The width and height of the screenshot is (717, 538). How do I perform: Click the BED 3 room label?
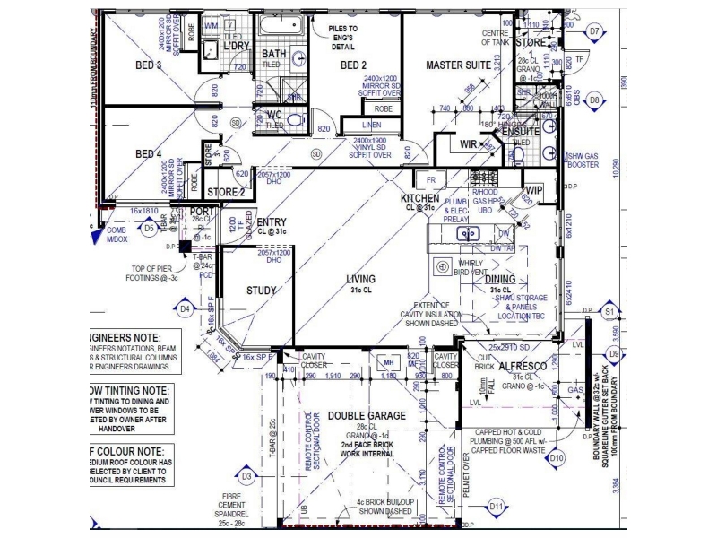(148, 65)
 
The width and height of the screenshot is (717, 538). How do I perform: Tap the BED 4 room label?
(148, 154)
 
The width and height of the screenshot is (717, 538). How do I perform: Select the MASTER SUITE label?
(458, 65)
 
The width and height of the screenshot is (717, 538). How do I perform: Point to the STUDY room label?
(262, 291)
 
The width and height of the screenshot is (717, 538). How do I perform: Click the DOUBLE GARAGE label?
(367, 415)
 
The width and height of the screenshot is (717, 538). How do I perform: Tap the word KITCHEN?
(419, 198)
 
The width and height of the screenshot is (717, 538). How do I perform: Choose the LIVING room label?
(361, 280)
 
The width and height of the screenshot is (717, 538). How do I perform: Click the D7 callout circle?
(594, 31)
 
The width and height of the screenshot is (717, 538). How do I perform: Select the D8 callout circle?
(594, 101)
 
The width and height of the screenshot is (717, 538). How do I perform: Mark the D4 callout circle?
(186, 309)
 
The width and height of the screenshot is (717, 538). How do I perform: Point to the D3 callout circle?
(247, 476)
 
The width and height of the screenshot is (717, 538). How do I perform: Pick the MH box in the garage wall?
(389, 362)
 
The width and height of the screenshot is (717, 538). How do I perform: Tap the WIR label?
(468, 143)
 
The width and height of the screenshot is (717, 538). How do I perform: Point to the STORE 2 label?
(226, 192)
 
